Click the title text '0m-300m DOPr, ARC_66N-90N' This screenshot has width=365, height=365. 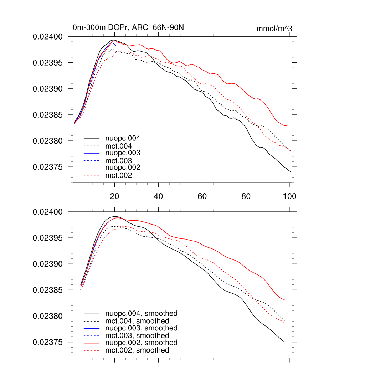point(128,27)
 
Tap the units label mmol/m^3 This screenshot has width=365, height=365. point(274,29)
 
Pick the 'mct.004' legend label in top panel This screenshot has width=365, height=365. point(121,146)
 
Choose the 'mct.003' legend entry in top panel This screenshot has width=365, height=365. point(121,161)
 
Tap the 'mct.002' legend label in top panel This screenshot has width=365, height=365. point(121,175)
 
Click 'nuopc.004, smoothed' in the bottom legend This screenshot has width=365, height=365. point(141,314)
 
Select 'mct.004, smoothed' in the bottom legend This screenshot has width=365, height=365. point(137,321)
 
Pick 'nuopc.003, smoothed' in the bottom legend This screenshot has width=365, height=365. point(141,328)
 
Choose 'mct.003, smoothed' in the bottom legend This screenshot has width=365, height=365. point(137,336)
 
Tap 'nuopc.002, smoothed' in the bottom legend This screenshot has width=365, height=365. point(141,343)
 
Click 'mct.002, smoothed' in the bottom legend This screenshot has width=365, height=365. point(137,350)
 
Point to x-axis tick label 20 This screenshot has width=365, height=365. point(114,196)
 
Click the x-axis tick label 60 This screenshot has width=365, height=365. point(202,196)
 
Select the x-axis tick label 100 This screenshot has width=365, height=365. point(289,196)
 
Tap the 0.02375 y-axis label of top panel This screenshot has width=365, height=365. point(48,167)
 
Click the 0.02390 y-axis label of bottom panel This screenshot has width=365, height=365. point(48,264)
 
